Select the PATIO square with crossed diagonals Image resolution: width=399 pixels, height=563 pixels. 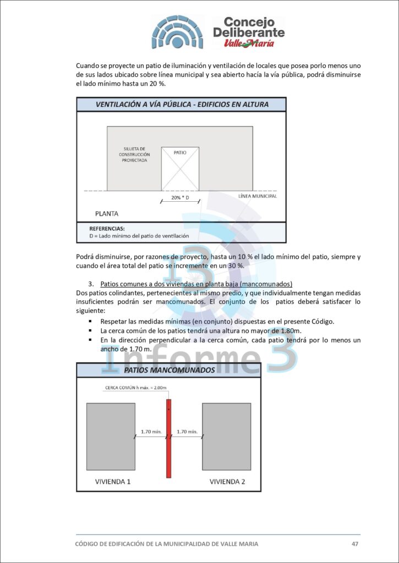180,168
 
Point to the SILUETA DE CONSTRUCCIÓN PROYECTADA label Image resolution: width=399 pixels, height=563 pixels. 134,154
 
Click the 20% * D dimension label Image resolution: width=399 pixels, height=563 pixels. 180,197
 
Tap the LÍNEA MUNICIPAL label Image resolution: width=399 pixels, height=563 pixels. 258,196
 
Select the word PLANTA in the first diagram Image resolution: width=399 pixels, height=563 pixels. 107,213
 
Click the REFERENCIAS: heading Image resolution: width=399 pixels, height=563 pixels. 107,228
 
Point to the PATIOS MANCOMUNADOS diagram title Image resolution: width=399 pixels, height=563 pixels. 169,370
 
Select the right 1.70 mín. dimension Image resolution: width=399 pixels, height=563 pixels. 186,432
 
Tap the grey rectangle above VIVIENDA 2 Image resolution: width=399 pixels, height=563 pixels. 226,437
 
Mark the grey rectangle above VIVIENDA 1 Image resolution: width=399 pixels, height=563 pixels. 110,437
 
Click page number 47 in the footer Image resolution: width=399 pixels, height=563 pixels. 355,544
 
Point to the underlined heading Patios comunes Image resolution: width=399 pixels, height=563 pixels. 196,284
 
